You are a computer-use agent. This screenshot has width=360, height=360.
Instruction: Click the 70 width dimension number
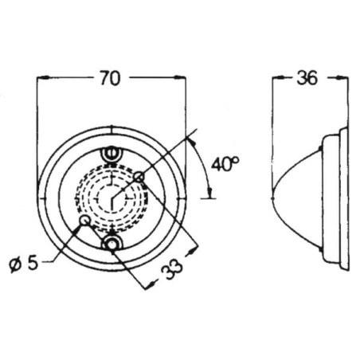pos(110,78)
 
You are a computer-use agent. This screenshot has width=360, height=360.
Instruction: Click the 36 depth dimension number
pos(307,78)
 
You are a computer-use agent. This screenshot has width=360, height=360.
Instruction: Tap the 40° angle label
pos(225,164)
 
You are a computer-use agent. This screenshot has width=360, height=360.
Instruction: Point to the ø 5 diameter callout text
pos(24,264)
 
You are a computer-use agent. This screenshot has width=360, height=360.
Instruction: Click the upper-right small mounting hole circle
pos(139,177)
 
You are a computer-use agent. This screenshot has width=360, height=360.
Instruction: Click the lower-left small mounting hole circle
pos(84,221)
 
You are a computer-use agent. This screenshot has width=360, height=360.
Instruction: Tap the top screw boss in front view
pos(112,154)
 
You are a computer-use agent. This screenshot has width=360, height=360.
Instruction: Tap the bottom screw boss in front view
pos(112,243)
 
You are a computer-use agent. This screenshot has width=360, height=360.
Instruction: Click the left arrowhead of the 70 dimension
pos(43,77)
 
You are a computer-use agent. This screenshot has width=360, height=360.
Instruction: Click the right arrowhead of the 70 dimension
pos(180,77)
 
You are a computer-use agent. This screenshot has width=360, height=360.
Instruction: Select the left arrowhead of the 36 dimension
pos(277,77)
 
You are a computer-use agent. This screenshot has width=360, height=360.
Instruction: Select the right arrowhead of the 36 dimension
pos(342,77)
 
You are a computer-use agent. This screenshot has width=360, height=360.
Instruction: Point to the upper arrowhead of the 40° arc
pos(192,142)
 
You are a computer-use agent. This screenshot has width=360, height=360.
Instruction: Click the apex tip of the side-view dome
pos(273,198)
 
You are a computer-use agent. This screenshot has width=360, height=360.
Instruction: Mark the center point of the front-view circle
pos(112,198)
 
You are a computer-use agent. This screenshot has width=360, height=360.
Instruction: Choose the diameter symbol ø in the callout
pos(15,265)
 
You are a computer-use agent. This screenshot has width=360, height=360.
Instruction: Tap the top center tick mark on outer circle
pos(112,129)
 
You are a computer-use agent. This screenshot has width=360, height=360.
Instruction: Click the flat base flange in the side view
pos(344,198)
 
